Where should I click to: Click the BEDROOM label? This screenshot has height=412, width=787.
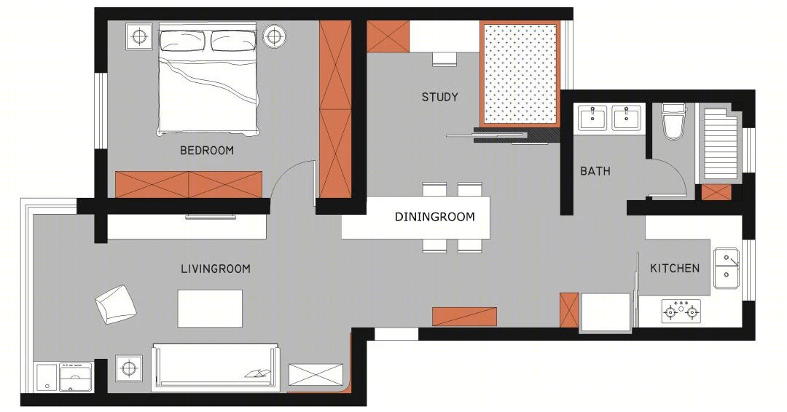pos(207,151)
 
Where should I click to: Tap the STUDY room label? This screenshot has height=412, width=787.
pos(439,98)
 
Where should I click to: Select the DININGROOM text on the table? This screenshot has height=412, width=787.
pos(434,217)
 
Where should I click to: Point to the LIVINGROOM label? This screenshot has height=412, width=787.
pos(215,269)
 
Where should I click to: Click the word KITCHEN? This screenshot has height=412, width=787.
pos(675,268)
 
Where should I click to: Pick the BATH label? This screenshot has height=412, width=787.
pos(595,171)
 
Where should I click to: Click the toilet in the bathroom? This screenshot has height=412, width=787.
pos(673,122)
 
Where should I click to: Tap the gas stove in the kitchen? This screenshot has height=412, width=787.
pos(681,311)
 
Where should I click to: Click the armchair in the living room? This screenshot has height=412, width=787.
pos(116,305)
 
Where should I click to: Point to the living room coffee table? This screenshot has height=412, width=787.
pos(210,308)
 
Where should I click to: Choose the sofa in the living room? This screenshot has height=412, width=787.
pos(215,366)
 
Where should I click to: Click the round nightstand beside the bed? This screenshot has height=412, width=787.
pos(274,36)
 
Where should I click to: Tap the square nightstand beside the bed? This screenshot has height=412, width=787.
pos(139,36)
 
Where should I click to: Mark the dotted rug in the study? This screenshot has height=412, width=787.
pos(520,73)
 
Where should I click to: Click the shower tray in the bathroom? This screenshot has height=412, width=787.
pos(719,144)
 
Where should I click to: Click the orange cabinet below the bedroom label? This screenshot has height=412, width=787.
pos(189,184)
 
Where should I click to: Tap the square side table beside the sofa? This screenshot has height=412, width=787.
pos(129,369)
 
